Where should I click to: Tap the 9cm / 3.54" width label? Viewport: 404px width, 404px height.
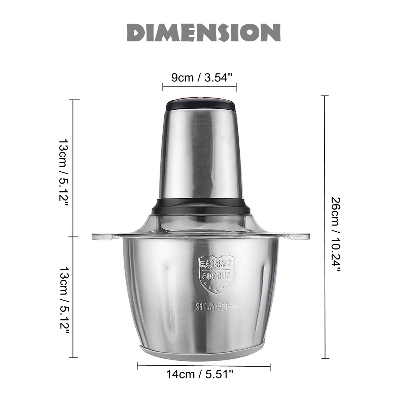point(202,77)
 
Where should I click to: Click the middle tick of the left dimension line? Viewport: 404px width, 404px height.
point(74,237)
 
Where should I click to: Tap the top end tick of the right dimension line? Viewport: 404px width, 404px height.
point(324,96)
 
